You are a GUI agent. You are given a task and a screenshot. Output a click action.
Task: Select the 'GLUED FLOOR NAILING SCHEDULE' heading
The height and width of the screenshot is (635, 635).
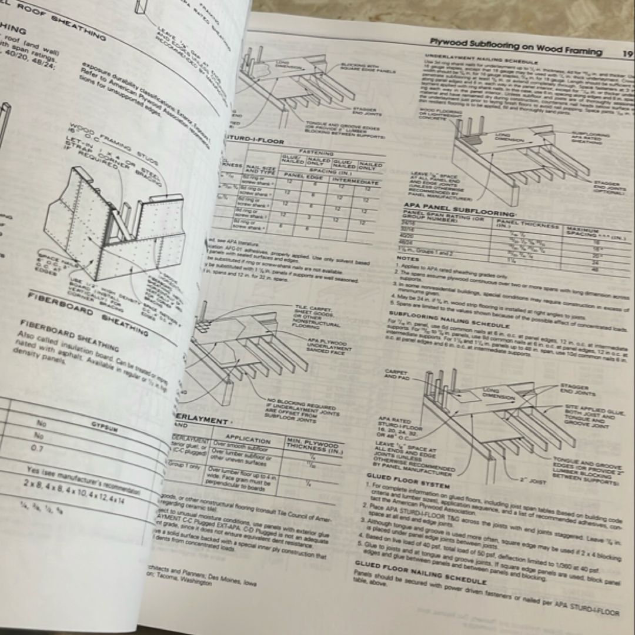419,564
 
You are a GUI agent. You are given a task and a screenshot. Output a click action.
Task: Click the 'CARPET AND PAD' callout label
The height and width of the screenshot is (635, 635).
395,374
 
